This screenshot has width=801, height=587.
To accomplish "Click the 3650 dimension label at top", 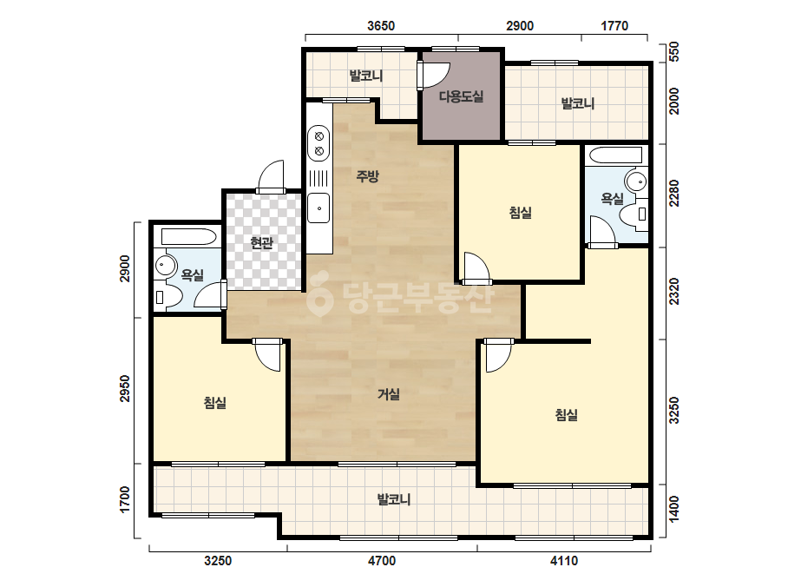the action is point(381,25).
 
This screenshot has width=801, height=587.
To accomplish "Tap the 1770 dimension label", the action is point(614,25).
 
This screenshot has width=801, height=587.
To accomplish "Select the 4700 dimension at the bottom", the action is point(382,561).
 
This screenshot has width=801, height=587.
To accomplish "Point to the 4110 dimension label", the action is point(564,561).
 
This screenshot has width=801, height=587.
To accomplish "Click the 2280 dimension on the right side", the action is point(674,193).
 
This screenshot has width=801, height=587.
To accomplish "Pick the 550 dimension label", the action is point(674,51).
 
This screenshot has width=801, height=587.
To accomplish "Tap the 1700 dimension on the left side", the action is point(125,499).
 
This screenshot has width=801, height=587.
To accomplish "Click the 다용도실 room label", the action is point(462,96).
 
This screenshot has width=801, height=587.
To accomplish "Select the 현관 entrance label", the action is point(261,242).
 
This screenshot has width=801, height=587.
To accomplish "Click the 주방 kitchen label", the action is point(367,176).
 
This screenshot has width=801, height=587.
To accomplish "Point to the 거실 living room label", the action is point(389,393).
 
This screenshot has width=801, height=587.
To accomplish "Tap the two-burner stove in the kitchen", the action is point(318,143).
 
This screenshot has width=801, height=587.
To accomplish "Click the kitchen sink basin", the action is point(318,208).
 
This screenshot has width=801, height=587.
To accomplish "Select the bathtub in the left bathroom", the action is point(188,237).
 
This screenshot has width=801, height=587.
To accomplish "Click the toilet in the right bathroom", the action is point(635,214).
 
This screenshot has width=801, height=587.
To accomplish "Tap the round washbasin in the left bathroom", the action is point(165,264).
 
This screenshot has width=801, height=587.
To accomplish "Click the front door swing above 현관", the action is point(272,175).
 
